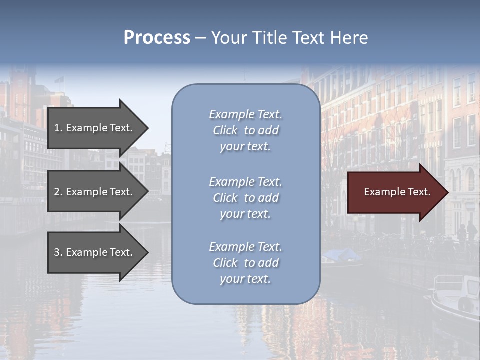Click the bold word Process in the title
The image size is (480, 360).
pos(157,38)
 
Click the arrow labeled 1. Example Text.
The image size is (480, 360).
pos(95,128)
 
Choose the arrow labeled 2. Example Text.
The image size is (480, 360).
pos(95,192)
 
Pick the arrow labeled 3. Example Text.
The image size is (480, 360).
pos(95,252)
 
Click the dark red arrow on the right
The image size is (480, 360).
pos(395,192)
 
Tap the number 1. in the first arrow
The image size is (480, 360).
pos(58,128)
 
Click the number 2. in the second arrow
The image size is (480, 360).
pos(58,192)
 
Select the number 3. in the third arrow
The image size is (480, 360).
pos(58,252)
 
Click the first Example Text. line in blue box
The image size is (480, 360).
pos(245,114)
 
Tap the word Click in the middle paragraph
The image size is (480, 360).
pos(225,198)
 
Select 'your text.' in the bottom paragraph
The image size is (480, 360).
pos(245,279)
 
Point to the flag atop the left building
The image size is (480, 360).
pos(59,80)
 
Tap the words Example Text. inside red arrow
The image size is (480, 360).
pos(397,192)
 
